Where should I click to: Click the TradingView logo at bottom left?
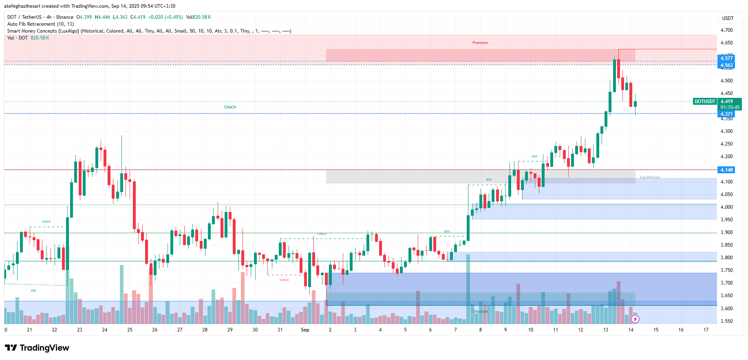37,348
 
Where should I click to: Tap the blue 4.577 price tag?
726,58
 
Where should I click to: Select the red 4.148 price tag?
726,170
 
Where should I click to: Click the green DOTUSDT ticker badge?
705,102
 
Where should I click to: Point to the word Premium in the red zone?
480,43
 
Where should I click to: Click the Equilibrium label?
650,177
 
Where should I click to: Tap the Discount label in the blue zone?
480,311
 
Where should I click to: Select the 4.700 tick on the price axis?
726,30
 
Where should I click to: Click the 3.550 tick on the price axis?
726,321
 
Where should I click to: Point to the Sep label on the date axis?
305,330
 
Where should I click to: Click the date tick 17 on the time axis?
706,330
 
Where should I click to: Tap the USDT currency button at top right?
728,18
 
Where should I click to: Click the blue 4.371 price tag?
726,114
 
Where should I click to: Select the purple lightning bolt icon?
635,319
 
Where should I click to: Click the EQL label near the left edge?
34,291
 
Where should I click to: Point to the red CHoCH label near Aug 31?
284,280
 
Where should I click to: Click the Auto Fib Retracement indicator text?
40,24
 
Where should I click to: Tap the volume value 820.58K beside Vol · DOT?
40,38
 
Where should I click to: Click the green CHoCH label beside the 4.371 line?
230,107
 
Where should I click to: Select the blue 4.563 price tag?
726,65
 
